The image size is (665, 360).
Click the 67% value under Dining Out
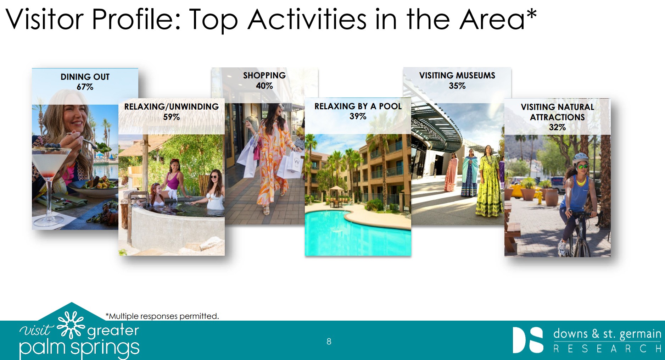coord(85,87)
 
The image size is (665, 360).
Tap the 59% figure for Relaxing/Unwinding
coord(171,117)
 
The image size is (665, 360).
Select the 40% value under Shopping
coord(264,86)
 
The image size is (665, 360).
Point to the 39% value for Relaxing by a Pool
coord(358,116)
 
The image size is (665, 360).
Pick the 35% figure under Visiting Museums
coord(457,86)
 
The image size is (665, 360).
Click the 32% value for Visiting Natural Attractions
coord(557,127)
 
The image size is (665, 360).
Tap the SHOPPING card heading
coord(264,76)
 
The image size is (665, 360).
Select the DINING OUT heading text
coord(85,77)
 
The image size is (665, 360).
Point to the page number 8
coord(329,342)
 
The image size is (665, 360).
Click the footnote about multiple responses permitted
coord(162,316)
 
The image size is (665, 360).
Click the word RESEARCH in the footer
coord(607,349)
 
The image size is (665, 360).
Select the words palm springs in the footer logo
coord(79,348)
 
